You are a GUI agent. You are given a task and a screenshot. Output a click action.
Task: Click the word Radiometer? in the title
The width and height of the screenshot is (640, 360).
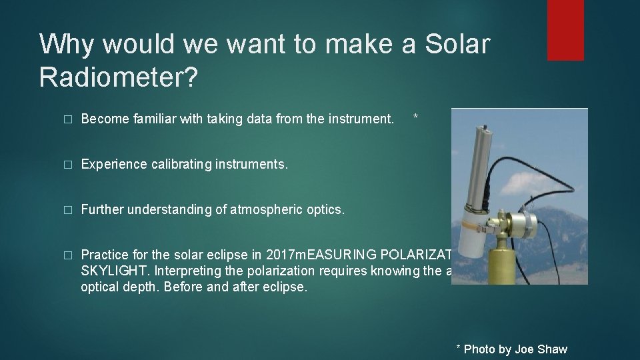click(x=119, y=77)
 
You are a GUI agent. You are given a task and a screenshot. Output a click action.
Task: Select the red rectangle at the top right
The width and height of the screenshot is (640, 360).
click(x=565, y=30)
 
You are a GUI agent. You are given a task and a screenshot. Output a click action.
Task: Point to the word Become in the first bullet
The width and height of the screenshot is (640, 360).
click(x=103, y=119)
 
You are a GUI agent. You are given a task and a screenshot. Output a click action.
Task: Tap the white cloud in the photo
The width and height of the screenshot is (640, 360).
click(x=533, y=167)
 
